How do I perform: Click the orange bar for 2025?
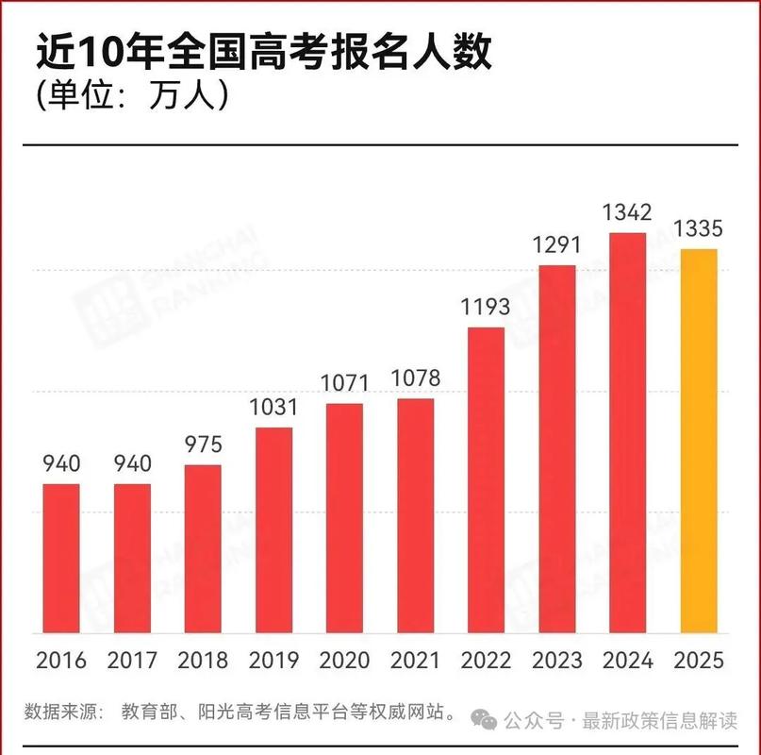[x=699, y=441]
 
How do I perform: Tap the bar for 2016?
[x=61, y=558]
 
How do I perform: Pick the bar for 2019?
[x=273, y=529]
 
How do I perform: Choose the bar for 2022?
[x=486, y=479]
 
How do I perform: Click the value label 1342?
[x=628, y=212]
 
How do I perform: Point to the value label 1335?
[x=699, y=228]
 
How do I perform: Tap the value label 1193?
[x=486, y=307]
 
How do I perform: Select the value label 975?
[x=203, y=445]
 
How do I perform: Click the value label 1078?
[x=416, y=378]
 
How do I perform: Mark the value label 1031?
[x=273, y=408]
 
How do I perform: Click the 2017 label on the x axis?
[x=132, y=660]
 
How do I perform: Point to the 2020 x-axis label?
[x=344, y=660]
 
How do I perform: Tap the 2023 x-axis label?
[x=557, y=660]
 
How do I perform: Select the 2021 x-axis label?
[x=416, y=660]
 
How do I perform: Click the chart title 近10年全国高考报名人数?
[x=264, y=54]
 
